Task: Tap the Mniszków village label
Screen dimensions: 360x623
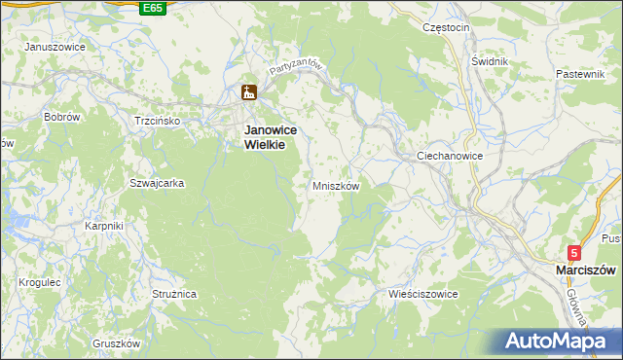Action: point(337,185)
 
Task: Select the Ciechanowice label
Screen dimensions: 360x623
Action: point(450,156)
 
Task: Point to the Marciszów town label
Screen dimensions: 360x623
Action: point(587,270)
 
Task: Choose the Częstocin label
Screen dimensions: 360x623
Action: point(447,28)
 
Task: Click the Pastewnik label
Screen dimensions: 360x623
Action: point(581,75)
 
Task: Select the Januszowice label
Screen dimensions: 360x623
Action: point(55,47)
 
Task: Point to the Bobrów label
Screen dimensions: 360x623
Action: point(61,117)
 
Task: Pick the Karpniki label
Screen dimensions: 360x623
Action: point(103,226)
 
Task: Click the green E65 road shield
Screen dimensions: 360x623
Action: point(152,8)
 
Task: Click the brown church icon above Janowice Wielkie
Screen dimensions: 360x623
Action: point(248,93)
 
